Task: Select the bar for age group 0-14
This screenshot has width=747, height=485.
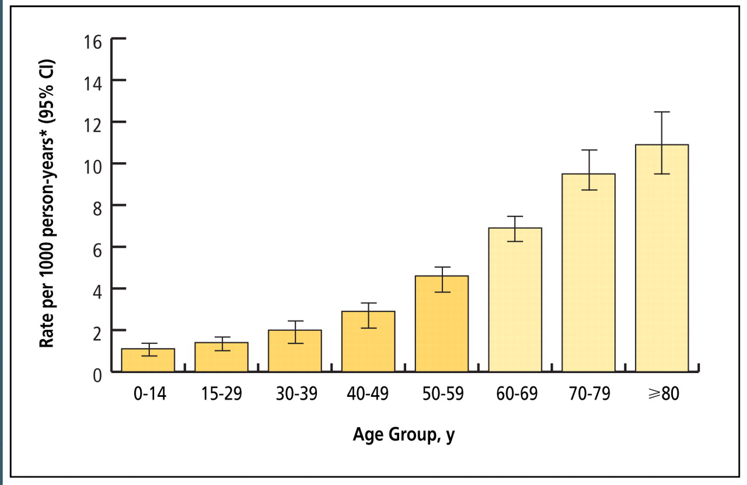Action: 148,361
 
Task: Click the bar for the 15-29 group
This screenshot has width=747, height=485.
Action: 221,357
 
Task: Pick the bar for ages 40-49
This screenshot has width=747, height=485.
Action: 368,342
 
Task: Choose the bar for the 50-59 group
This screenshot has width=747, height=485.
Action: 442,324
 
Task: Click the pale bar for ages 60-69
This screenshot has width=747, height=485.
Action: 515,300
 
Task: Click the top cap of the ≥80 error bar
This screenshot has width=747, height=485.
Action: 662,112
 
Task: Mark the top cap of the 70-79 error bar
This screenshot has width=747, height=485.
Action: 588,150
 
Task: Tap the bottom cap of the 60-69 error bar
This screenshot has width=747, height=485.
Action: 515,241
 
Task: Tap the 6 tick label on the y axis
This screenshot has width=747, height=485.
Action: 98,247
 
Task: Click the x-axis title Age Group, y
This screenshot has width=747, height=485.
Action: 403,435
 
